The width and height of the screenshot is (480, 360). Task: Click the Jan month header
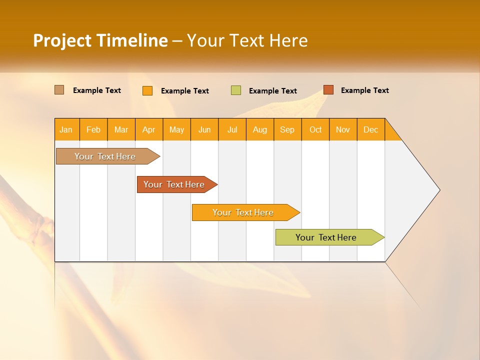[66, 129]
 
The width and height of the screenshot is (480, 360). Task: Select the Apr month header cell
[149, 129]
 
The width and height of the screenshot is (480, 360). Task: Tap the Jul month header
[232, 129]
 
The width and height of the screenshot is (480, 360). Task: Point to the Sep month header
[287, 129]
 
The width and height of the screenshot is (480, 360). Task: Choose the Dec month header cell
[370, 129]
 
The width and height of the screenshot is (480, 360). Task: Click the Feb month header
[93, 129]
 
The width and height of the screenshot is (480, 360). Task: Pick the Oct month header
[315, 129]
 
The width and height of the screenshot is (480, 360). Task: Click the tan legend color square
[59, 90]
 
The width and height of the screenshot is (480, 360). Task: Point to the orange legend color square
[147, 90]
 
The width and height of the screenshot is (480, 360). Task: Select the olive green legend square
[236, 90]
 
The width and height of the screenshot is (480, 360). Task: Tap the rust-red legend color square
[328, 90]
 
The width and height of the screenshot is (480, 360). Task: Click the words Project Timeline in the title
[100, 40]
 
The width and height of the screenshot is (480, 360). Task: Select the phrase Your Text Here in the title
[247, 40]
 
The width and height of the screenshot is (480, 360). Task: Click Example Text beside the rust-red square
[364, 90]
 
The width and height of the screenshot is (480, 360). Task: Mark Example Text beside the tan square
[97, 90]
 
